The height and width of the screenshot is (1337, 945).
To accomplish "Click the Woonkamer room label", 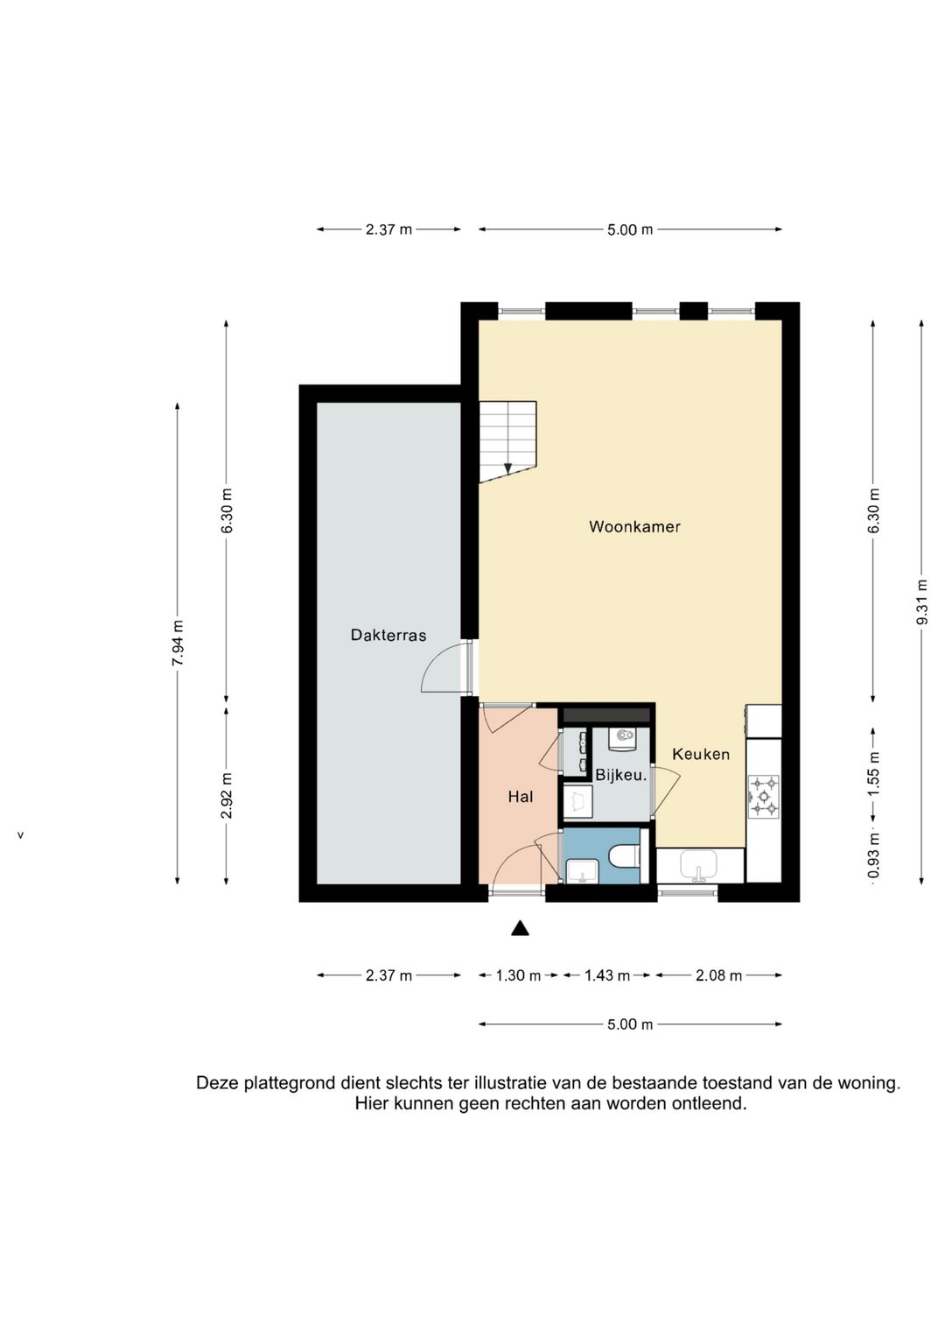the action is (x=634, y=527).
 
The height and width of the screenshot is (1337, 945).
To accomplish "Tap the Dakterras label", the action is (x=388, y=635).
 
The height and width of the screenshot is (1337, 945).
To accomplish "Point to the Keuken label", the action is (x=700, y=755).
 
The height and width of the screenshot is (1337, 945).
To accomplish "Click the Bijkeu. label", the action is (x=621, y=776).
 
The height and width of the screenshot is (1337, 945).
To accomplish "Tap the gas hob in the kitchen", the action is (x=764, y=795).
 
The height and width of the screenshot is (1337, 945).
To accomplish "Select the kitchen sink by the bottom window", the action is (x=699, y=865).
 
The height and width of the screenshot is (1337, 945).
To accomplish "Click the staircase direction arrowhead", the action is (x=507, y=469).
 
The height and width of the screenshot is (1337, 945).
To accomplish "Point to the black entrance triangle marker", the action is (x=521, y=928).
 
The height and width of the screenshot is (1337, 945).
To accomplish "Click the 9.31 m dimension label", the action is (x=922, y=602).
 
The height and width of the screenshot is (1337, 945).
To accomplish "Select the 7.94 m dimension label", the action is (x=178, y=643).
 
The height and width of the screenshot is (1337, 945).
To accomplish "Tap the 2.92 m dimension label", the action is (x=227, y=796).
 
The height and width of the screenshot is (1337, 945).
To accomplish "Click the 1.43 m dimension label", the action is (x=606, y=976).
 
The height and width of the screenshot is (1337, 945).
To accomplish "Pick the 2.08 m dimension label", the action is (x=718, y=976).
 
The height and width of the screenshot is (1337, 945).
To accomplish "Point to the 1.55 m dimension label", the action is (x=874, y=773).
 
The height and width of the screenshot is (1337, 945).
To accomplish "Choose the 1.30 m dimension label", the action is (x=518, y=976).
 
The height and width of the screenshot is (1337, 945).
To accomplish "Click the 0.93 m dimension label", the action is (x=874, y=857).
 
